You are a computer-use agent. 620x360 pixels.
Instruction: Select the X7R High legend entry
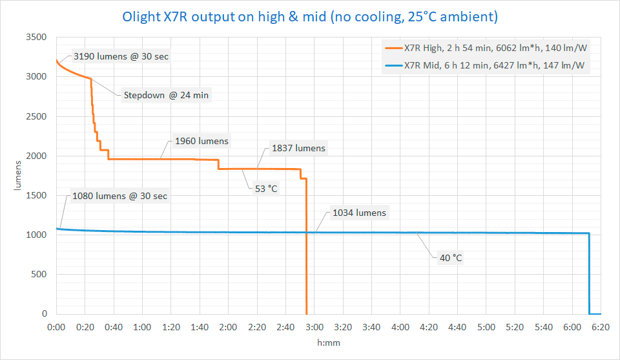[x=494, y=47]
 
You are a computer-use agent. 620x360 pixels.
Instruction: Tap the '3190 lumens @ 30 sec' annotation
[x=121, y=56]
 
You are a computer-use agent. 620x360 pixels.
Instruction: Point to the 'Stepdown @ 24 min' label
[x=166, y=96]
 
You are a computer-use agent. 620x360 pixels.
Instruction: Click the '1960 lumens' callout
[x=201, y=141]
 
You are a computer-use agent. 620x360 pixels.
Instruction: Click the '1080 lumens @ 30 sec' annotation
[x=120, y=196]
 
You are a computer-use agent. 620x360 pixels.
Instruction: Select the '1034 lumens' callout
[x=359, y=213]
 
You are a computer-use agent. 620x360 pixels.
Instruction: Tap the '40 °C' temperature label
[x=450, y=258]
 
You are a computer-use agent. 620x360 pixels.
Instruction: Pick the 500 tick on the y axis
[x=40, y=275]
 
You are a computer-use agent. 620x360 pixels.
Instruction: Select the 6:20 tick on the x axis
[x=601, y=328]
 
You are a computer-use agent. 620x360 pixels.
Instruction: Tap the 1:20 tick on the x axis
[x=171, y=328]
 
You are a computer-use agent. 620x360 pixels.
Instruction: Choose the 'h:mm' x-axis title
[x=328, y=343]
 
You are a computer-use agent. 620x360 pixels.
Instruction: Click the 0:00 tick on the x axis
[x=56, y=328]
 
